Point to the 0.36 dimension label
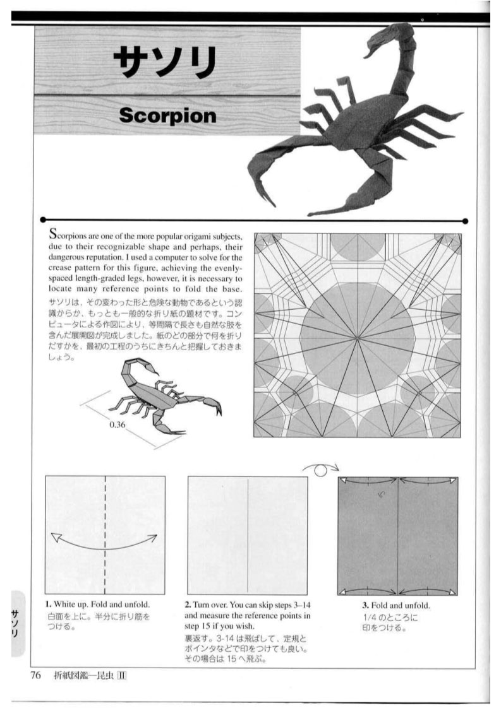click(117, 425)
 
